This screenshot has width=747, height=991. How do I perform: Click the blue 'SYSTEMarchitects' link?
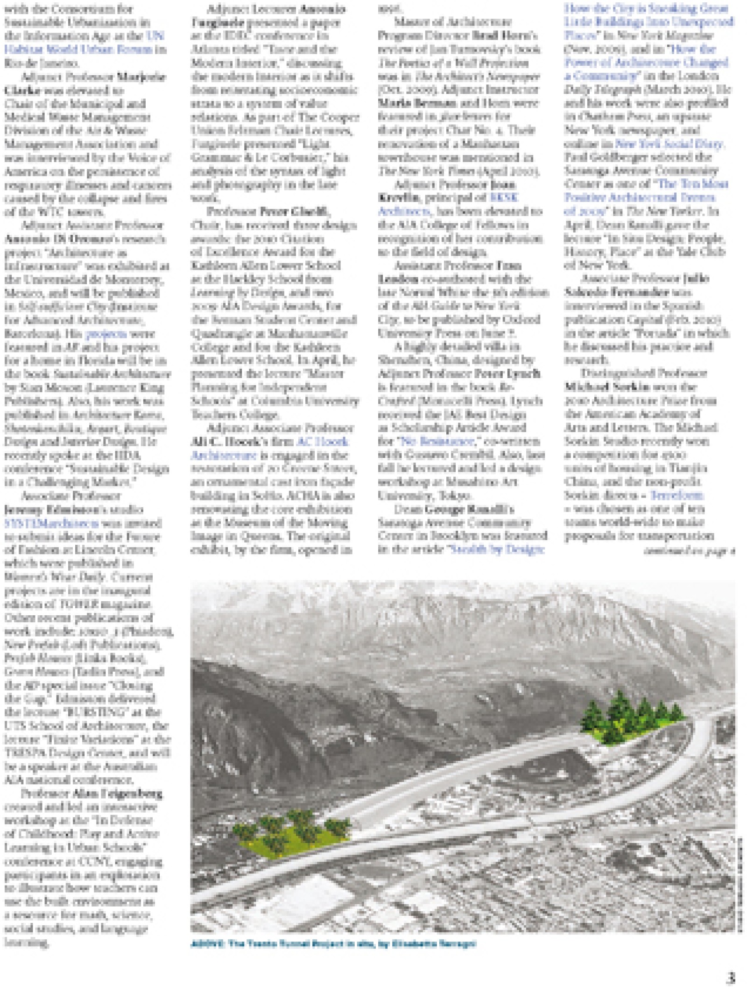[x=51, y=523]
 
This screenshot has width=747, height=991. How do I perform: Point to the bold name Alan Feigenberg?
[x=117, y=793]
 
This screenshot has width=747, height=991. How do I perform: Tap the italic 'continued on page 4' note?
[x=689, y=551]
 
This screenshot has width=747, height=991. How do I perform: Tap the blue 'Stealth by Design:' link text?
[x=496, y=549]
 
